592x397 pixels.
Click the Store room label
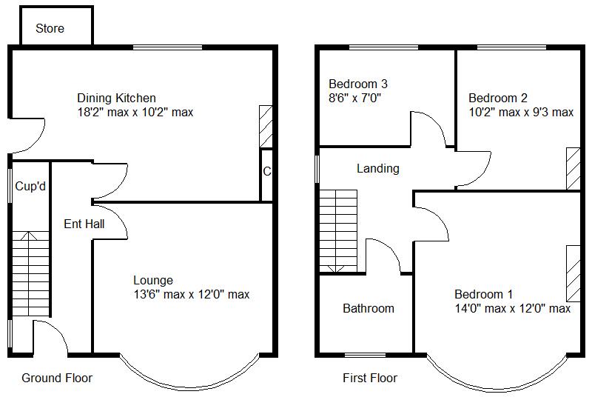pyautogui.click(x=50, y=29)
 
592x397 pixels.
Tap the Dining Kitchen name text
pyautogui.click(x=116, y=98)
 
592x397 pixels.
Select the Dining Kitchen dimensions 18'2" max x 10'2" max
pyautogui.click(x=135, y=113)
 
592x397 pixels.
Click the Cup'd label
pyautogui.click(x=31, y=187)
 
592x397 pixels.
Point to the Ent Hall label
pyautogui.click(x=84, y=224)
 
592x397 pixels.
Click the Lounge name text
pyautogui.click(x=153, y=280)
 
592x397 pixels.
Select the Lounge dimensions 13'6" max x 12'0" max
pyautogui.click(x=191, y=295)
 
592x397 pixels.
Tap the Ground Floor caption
pyautogui.click(x=57, y=378)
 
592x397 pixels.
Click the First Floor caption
pyautogui.click(x=370, y=378)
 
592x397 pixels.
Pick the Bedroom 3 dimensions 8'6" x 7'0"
pyautogui.click(x=355, y=98)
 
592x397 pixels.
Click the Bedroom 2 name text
pyautogui.click(x=498, y=98)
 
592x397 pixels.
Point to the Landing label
pyautogui.click(x=377, y=169)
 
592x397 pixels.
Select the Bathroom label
pyautogui.click(x=369, y=308)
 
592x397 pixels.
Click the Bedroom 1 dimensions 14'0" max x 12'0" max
pyautogui.click(x=512, y=308)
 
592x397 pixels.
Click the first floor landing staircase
pyautogui.click(x=338, y=230)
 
